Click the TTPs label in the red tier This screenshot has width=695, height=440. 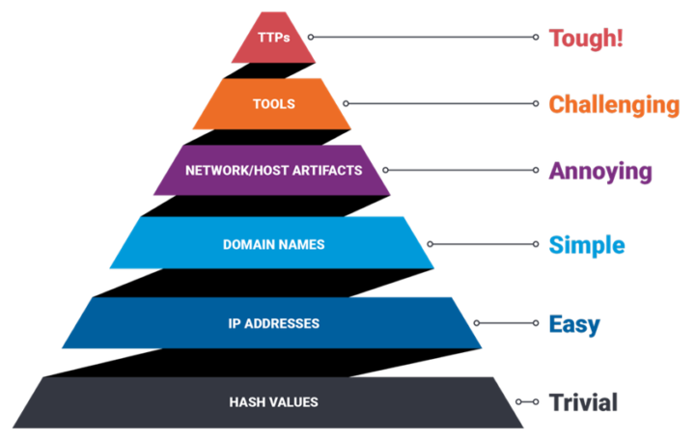click(x=273, y=38)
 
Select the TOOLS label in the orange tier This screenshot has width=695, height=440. click(x=273, y=103)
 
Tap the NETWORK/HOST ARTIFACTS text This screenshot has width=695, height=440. click(x=273, y=170)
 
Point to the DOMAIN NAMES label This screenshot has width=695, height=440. click(x=273, y=245)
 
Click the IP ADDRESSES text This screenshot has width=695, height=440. click(x=273, y=323)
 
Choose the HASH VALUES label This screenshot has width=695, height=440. click(x=273, y=401)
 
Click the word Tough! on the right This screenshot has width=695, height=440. click(x=585, y=39)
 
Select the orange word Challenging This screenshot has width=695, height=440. click(x=614, y=104)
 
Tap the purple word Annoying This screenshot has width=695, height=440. click(x=600, y=172)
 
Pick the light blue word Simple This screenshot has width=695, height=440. click(x=587, y=245)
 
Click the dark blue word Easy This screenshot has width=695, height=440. click(x=574, y=323)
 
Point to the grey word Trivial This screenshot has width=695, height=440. click(x=582, y=401)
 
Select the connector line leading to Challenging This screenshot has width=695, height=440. click(x=440, y=103)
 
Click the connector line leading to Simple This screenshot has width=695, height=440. click(x=483, y=245)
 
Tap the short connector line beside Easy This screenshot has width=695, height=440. click(x=506, y=323)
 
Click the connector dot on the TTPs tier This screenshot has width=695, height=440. click(x=309, y=38)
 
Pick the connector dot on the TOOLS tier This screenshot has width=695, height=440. click(x=346, y=103)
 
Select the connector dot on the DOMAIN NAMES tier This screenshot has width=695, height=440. click(x=431, y=245)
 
